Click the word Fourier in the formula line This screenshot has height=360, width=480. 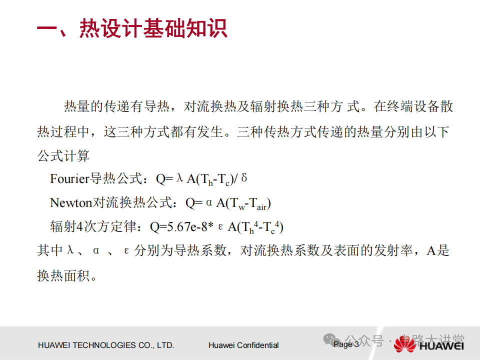[69, 179]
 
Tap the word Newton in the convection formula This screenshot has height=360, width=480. [71, 202]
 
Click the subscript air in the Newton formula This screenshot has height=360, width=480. [261, 206]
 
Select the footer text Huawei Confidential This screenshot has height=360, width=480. [243, 345]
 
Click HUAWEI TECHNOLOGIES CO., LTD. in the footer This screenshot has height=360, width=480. [106, 345]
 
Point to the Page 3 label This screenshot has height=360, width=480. [346, 344]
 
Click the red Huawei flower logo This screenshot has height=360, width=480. [404, 344]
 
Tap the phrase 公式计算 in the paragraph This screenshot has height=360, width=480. [63, 156]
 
